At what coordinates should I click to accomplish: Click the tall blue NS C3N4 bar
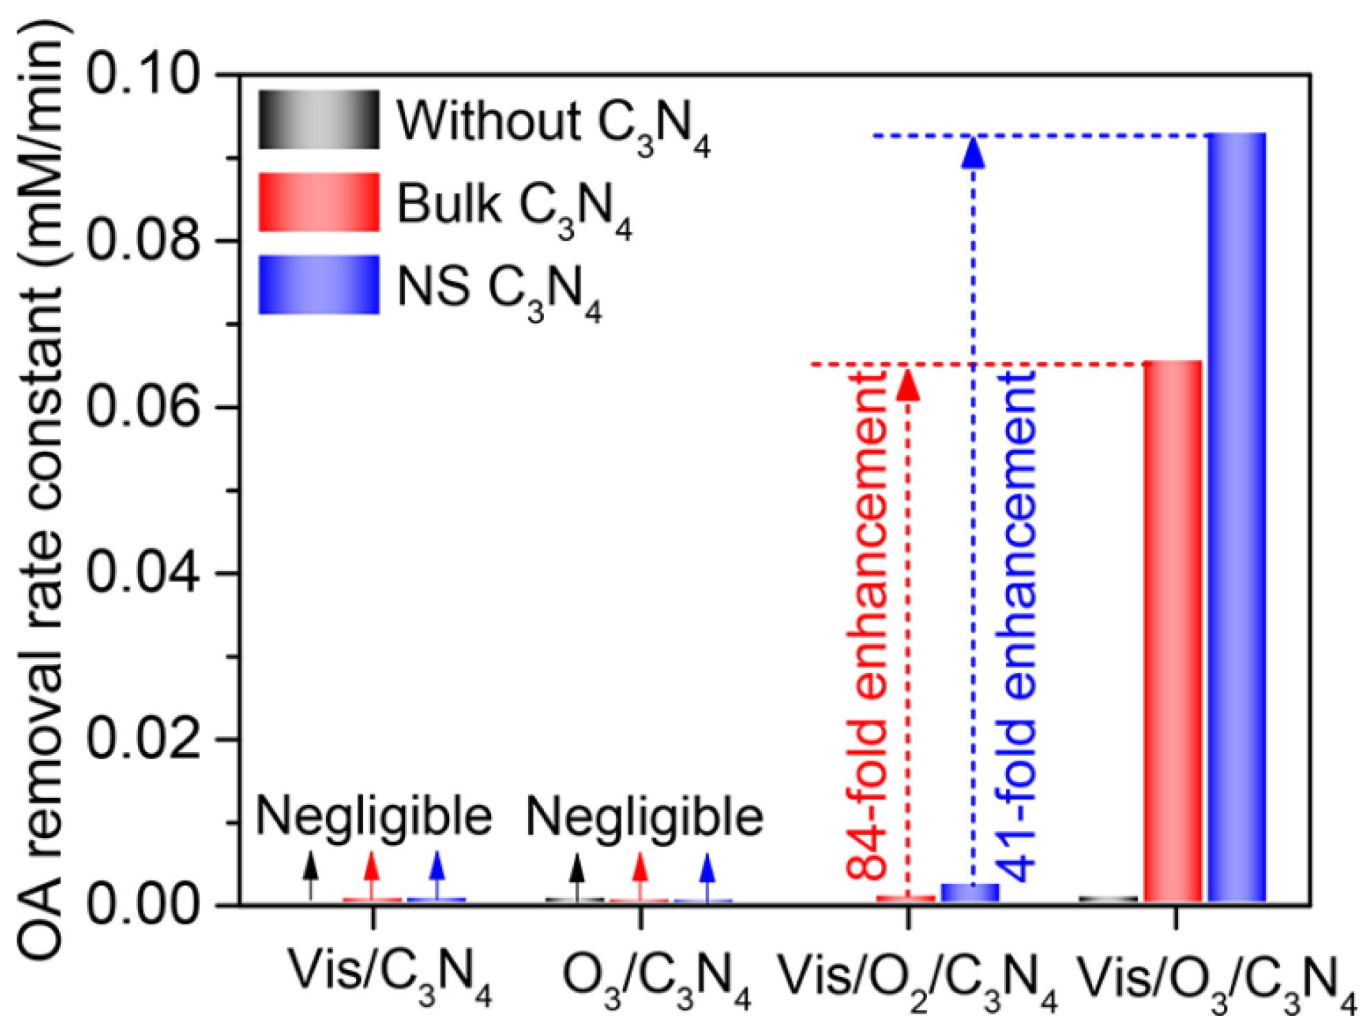point(1236,517)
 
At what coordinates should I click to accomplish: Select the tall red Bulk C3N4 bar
point(1172,631)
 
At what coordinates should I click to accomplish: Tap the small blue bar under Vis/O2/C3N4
point(969,893)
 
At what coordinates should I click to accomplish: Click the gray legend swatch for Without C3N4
point(318,119)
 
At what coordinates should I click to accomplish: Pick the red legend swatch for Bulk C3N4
point(318,202)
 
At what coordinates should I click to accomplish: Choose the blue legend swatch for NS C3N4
point(318,284)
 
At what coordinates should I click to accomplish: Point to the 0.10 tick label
point(143,74)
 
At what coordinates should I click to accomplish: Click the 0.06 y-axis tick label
point(143,407)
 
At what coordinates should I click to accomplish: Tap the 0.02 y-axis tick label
point(143,739)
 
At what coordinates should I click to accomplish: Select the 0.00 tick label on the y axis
point(143,905)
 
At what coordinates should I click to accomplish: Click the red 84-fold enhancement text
point(867,624)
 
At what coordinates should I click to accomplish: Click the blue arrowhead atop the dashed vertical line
point(973,153)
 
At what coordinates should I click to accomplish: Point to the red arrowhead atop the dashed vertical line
point(908,386)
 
